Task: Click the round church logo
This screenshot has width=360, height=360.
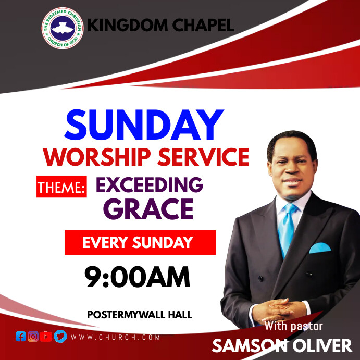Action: click(x=62, y=27)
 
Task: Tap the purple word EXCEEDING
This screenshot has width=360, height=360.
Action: click(x=149, y=184)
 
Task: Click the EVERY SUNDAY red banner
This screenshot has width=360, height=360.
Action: click(x=140, y=242)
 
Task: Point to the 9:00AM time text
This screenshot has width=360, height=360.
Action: click(x=137, y=277)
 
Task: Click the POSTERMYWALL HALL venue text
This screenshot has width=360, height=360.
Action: click(x=140, y=315)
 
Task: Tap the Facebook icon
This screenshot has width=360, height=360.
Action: click(x=21, y=337)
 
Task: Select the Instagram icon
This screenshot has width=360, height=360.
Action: click(x=33, y=337)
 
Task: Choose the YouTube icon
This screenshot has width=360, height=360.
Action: click(x=46, y=337)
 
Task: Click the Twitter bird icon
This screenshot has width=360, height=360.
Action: click(x=60, y=337)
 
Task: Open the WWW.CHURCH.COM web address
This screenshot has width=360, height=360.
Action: click(x=115, y=337)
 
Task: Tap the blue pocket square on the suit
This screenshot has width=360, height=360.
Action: click(x=320, y=248)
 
